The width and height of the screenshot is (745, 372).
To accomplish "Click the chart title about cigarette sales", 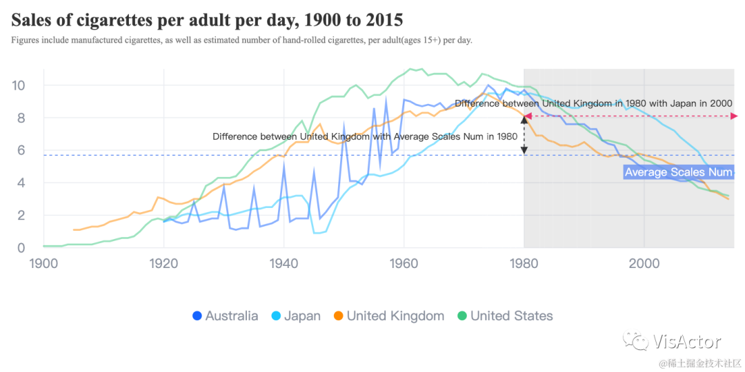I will point(207,20).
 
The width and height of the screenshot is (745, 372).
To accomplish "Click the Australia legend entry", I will point(225,316).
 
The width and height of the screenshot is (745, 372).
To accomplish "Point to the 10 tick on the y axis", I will point(19,85).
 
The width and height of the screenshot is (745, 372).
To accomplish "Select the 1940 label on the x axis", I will point(284,263).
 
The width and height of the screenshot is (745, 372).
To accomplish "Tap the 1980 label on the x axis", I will point(524,263).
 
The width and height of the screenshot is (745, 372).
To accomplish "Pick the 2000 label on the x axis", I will point(644,263).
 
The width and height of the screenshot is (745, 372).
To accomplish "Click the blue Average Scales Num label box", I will point(678,172).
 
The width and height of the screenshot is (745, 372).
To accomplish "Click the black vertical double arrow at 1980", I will point(524,134).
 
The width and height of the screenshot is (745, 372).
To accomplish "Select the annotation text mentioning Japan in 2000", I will point(593,103).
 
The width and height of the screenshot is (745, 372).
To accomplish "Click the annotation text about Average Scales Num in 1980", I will point(365,136).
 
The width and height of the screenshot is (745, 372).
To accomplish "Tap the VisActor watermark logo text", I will point(686,341).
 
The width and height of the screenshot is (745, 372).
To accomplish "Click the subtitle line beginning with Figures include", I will point(241,40).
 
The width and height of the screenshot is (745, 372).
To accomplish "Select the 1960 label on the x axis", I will point(404,263).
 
